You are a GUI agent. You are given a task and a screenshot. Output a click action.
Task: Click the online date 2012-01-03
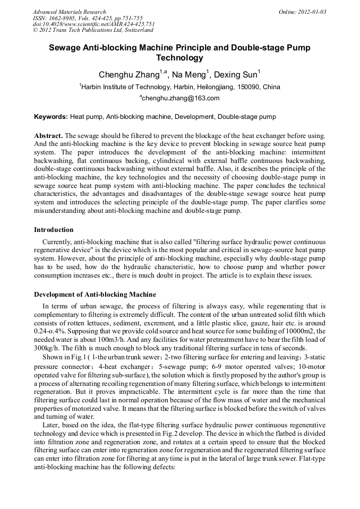coord(312,12)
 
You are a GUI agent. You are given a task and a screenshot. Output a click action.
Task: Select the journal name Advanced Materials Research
coord(69,12)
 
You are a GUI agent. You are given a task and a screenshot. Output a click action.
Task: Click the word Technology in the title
coord(179,58)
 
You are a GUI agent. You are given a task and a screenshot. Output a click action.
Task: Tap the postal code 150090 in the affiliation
coord(249,87)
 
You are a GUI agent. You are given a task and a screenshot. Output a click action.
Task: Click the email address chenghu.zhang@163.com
coord(180,98)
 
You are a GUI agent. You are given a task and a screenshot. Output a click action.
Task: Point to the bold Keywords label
coord(51,116)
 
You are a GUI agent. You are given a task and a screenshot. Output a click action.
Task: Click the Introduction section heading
coord(54,230)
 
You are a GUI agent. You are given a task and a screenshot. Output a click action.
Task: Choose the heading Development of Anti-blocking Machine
coord(95,294)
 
